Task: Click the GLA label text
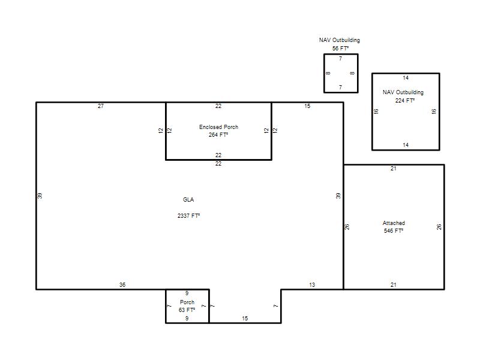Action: pos(188,200)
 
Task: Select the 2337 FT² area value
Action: pos(188,216)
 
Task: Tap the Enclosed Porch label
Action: pos(218,127)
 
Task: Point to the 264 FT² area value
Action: pos(218,134)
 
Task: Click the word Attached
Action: pos(394,223)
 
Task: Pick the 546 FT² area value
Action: pos(394,231)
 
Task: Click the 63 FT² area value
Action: pos(187,310)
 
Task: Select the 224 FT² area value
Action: pos(404,100)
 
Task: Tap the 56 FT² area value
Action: pos(340,49)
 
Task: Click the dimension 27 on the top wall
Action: pos(101,106)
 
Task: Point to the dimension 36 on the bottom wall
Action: pos(122,285)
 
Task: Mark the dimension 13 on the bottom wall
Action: pos(312,285)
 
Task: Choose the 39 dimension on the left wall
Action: pos(40,196)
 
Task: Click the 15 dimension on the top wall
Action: pos(307,106)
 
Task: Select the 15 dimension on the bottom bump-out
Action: pos(245,319)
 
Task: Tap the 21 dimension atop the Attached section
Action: pos(394,169)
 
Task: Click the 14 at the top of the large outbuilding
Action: pos(406,78)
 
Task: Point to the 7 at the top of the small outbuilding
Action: pos(340,59)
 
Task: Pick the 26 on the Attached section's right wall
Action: pos(439,227)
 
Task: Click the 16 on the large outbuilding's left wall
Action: pos(376,111)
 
